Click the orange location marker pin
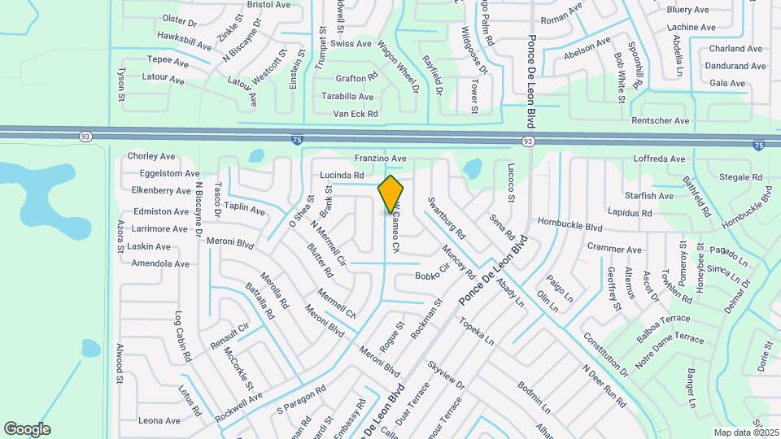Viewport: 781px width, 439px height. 391,193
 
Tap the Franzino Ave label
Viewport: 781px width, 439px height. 380,158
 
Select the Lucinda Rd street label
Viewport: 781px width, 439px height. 342,175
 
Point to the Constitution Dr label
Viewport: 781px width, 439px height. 605,354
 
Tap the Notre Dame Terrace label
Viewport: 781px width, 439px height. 669,350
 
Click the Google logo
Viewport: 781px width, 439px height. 27,429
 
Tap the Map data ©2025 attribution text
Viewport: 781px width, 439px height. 745,432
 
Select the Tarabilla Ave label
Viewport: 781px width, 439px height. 347,96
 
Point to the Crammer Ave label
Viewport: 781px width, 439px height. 614,250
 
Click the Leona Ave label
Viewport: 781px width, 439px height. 159,420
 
